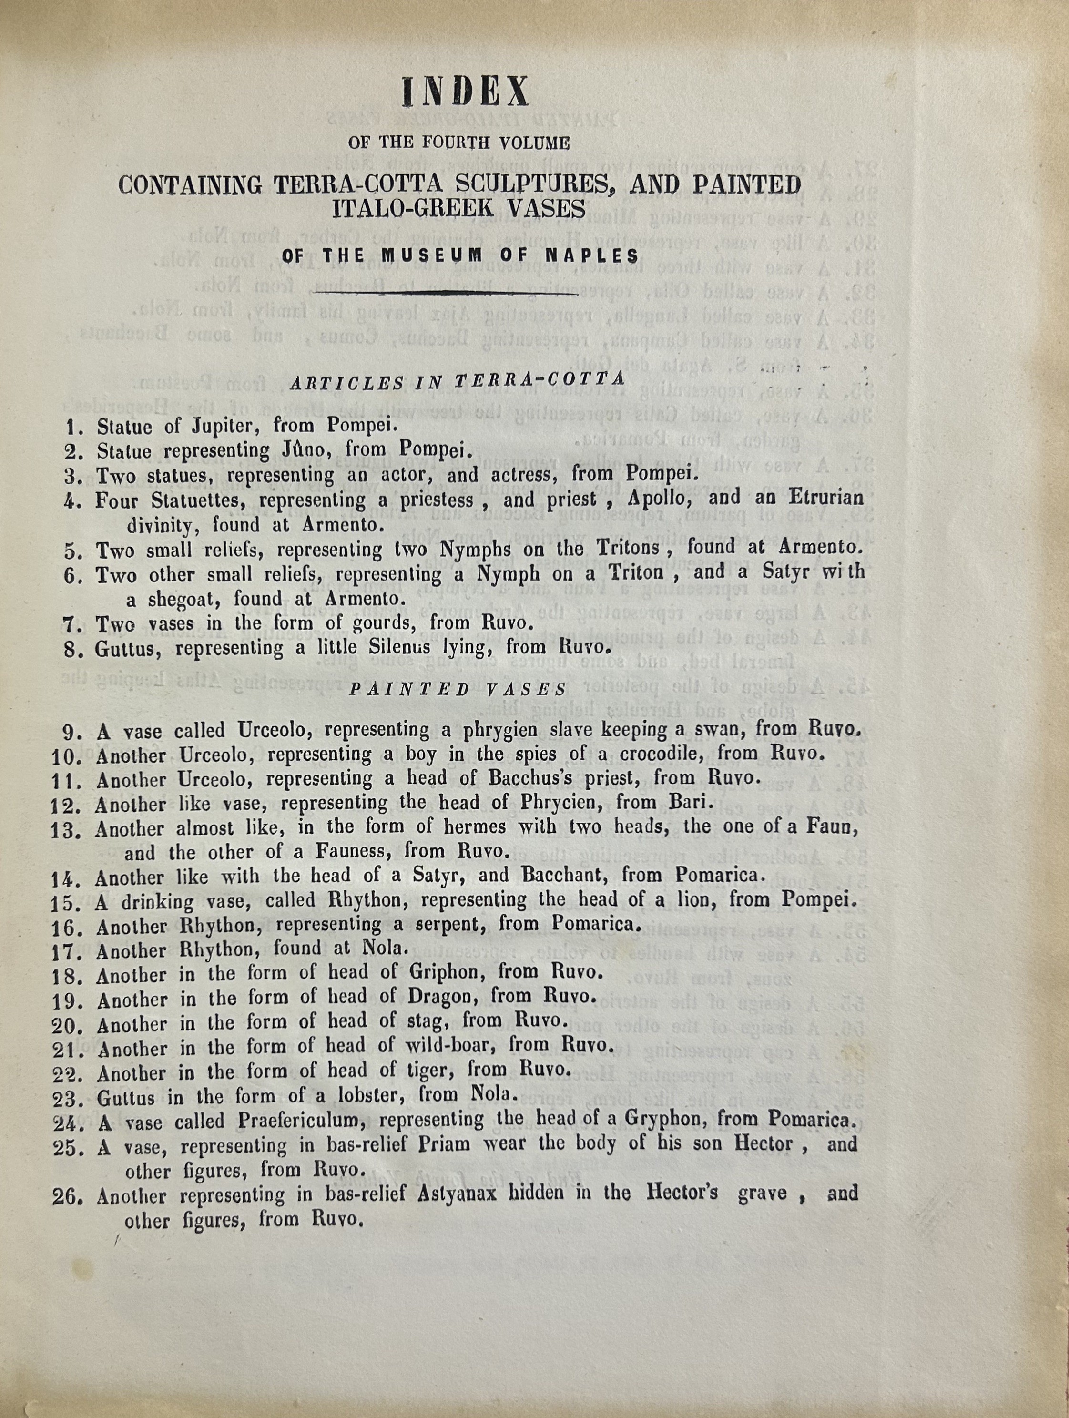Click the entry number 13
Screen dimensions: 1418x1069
[68, 830]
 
